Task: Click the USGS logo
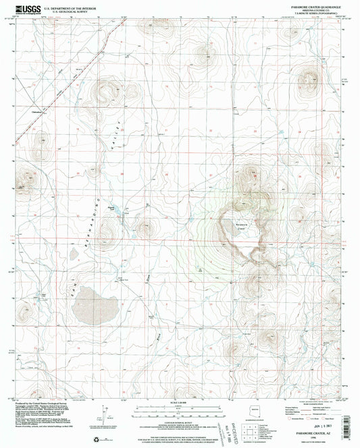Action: (26, 8)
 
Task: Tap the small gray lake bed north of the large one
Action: (73, 255)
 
